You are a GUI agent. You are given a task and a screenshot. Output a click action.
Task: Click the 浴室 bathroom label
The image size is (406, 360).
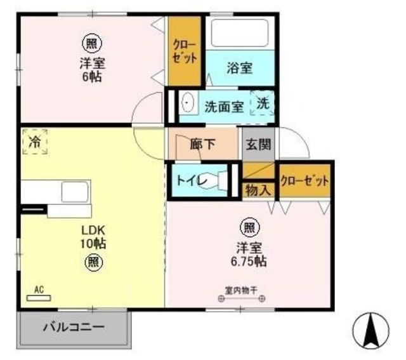tap(240, 68)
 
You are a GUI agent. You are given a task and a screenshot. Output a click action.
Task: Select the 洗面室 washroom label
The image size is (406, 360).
tap(224, 106)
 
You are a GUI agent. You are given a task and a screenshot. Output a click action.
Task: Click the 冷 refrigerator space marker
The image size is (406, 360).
tap(34, 141)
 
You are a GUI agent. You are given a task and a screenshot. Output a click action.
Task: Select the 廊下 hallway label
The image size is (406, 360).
tap(203, 144)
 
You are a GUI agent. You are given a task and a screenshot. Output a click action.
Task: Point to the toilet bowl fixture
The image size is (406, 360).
tap(222, 180)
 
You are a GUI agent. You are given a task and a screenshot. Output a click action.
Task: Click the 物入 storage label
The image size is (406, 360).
tap(258, 189)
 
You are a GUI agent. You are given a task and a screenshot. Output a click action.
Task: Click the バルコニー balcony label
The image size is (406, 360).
tap(74, 328)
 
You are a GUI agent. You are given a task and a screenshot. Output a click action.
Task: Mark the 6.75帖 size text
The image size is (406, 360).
tap(248, 261)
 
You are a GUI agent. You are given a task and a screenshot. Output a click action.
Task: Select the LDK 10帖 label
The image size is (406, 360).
tap(93, 236)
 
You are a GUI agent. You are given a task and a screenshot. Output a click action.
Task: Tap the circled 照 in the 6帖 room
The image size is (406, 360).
tap(93, 44)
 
